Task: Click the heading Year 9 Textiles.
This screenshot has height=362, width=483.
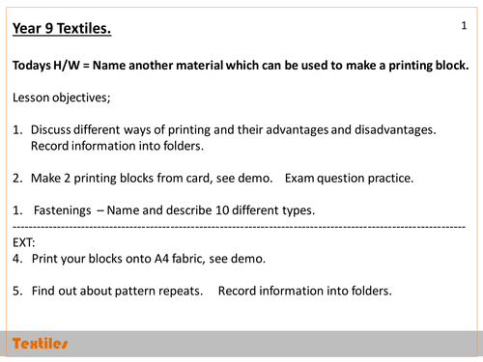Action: click(x=62, y=28)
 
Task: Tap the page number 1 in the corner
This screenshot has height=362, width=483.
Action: click(x=464, y=25)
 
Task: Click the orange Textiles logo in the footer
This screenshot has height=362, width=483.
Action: click(x=40, y=344)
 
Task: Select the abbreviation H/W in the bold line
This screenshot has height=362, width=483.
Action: click(x=67, y=66)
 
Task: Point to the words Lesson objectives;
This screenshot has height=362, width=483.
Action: click(x=62, y=97)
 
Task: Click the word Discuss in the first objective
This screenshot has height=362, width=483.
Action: click(x=50, y=129)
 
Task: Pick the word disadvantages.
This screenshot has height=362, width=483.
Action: click(x=395, y=129)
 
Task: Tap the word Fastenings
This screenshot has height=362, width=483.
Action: click(x=63, y=210)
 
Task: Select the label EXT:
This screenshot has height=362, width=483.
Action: click(x=24, y=242)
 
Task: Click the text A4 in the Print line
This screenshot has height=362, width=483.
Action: click(x=161, y=259)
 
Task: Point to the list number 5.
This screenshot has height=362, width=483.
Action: click(x=17, y=291)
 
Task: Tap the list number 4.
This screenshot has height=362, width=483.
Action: click(x=17, y=259)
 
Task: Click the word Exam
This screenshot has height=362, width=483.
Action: click(x=299, y=179)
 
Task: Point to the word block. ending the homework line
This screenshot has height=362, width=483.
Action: click(x=452, y=66)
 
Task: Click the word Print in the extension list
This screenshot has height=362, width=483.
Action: click(x=44, y=259)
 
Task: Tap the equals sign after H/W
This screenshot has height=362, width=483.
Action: click(x=86, y=66)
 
